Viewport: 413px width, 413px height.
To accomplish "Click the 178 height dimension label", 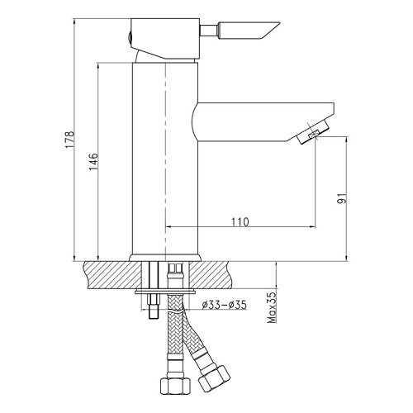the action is click(x=69, y=140).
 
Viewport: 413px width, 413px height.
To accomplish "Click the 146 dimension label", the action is click(x=93, y=162).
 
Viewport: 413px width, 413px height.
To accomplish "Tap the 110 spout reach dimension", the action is click(x=240, y=222).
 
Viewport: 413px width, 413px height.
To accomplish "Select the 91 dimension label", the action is click(x=341, y=198).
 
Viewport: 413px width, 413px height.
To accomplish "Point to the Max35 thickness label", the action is click(x=272, y=307).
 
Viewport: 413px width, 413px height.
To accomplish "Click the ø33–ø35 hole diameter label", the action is click(x=224, y=305).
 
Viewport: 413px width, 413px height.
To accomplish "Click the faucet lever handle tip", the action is click(x=279, y=23).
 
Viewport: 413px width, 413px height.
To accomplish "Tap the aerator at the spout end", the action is click(x=313, y=131).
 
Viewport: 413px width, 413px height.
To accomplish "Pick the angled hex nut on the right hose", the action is click(x=214, y=378).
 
